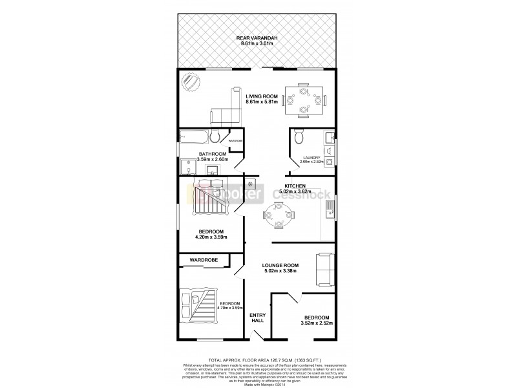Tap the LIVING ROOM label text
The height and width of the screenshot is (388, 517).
[x=261, y=96]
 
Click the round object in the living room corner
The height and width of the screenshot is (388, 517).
[x=192, y=82]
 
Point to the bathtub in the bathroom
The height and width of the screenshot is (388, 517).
[x=195, y=136]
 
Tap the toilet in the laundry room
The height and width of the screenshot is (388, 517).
[x=298, y=138]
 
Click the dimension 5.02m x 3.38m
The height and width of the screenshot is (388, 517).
[x=279, y=272]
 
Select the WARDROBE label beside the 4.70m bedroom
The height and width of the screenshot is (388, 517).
[x=203, y=260]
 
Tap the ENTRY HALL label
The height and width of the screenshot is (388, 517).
[x=258, y=317]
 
